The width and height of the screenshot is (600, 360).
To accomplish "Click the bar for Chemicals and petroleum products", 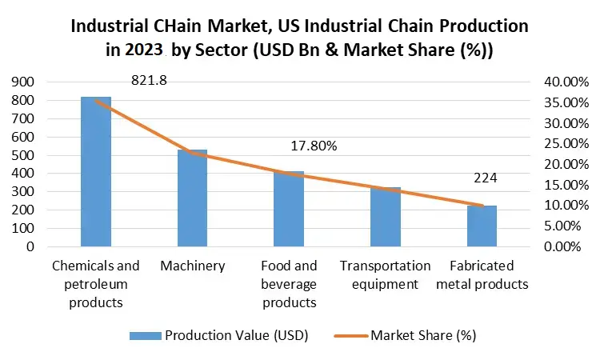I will (x=96, y=171).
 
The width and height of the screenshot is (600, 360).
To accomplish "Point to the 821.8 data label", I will (x=149, y=81).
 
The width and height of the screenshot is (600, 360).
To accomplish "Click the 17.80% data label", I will (x=314, y=146).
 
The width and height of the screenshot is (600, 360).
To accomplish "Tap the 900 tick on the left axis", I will (x=22, y=82).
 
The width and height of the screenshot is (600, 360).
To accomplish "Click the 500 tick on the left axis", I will (x=22, y=155).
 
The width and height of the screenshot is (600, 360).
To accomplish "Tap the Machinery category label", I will (x=192, y=266).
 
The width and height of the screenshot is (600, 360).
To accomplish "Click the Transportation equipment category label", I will (x=386, y=274).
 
